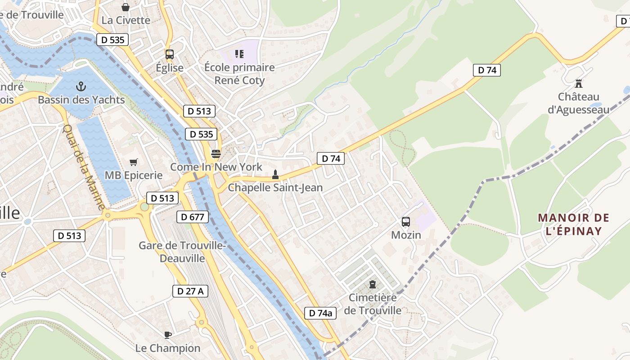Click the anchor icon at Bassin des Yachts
click(81, 86)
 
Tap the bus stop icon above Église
click(170, 54)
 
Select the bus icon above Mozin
click(406, 221)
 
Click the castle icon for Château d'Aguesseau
click(579, 83)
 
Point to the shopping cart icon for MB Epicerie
click(134, 162)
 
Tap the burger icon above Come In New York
click(216, 154)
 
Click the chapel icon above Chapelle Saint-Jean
click(275, 175)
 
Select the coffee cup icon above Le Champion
click(167, 335)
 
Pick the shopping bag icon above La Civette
click(126, 7)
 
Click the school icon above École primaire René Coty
click(239, 54)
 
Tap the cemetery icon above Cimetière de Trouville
click(373, 284)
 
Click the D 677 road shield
click(193, 217)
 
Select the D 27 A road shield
click(190, 291)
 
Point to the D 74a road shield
click(320, 313)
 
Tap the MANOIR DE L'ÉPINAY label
click(574, 225)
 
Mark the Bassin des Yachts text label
click(81, 99)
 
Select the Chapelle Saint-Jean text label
click(275, 187)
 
